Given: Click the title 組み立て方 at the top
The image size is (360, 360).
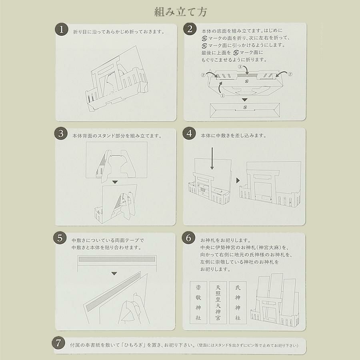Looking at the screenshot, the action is tap(180, 12).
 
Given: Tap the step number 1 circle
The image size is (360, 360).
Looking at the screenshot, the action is tap(62, 29).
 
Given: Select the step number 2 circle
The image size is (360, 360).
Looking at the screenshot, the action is tap(190, 29).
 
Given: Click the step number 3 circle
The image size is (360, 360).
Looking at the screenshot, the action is tap(61, 133).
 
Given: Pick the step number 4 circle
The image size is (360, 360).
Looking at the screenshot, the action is tap(189, 133).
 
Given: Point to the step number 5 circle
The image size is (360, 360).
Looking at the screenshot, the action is tap(60, 238).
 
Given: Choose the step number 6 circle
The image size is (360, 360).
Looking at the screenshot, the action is tap(188, 238).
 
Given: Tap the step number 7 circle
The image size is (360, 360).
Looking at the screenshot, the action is tap(58, 343).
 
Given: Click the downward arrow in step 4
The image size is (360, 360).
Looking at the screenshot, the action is tap(212, 159).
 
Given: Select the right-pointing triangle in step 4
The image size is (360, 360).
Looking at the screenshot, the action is tap(238, 180).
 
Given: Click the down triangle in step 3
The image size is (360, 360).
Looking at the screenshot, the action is tap(115, 182).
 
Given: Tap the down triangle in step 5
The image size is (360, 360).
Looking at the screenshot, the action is tap(114, 274).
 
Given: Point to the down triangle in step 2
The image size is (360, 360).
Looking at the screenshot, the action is tap(245, 100).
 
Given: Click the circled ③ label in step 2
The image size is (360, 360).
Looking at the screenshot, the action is tap(240, 67).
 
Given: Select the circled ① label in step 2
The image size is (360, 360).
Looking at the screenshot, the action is tap(222, 96).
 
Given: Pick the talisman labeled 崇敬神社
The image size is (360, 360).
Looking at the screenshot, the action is tap(198, 302).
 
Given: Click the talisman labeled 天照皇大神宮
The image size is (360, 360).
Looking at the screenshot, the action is tap(218, 302).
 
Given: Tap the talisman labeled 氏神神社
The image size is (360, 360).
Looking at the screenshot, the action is tap(238, 302).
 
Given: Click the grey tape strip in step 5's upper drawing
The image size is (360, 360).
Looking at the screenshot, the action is tap(117, 259).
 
